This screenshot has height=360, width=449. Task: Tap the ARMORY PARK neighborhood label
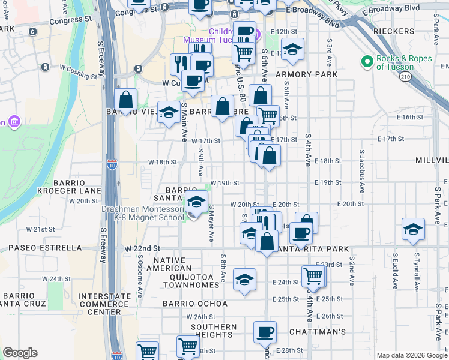307,74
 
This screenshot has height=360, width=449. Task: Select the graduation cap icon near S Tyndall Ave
412,229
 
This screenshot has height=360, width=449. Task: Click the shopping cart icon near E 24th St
313,275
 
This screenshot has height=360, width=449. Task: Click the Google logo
20,353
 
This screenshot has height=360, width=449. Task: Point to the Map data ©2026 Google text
411,355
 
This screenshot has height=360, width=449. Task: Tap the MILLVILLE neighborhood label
432,161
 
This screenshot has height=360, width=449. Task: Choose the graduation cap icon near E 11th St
292,49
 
